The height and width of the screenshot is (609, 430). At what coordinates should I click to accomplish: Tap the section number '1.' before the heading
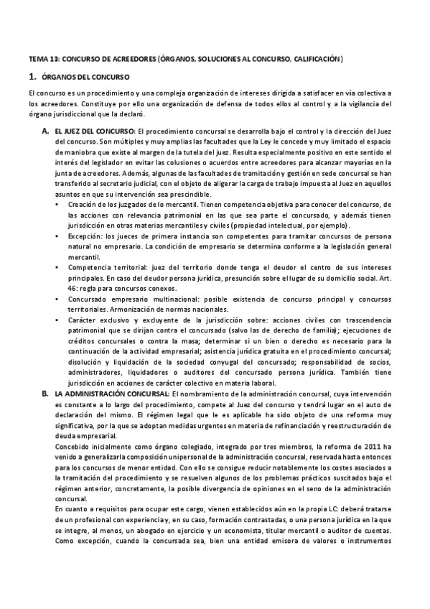[32, 75]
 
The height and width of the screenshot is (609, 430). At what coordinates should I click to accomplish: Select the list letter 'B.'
[45, 394]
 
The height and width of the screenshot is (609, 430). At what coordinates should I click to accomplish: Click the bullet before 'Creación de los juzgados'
[58, 205]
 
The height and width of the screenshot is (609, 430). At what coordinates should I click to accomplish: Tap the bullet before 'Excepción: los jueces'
[58, 236]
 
